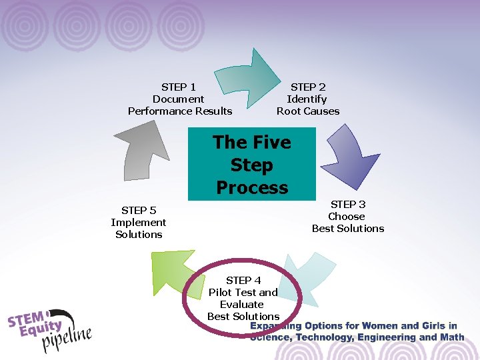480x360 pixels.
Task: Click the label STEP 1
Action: (x=179, y=87)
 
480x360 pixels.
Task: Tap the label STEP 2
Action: (x=308, y=87)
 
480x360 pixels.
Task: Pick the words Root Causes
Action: (x=308, y=111)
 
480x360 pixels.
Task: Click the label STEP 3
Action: (x=348, y=204)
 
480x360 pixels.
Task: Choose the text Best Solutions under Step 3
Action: (x=348, y=229)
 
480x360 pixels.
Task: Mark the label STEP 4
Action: (x=243, y=280)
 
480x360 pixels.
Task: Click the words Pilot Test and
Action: (x=243, y=292)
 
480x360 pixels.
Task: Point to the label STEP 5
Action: (x=139, y=210)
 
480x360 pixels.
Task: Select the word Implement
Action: (x=139, y=222)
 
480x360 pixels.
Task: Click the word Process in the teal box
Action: (x=252, y=187)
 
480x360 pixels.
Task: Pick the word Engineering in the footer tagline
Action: (x=388, y=337)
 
